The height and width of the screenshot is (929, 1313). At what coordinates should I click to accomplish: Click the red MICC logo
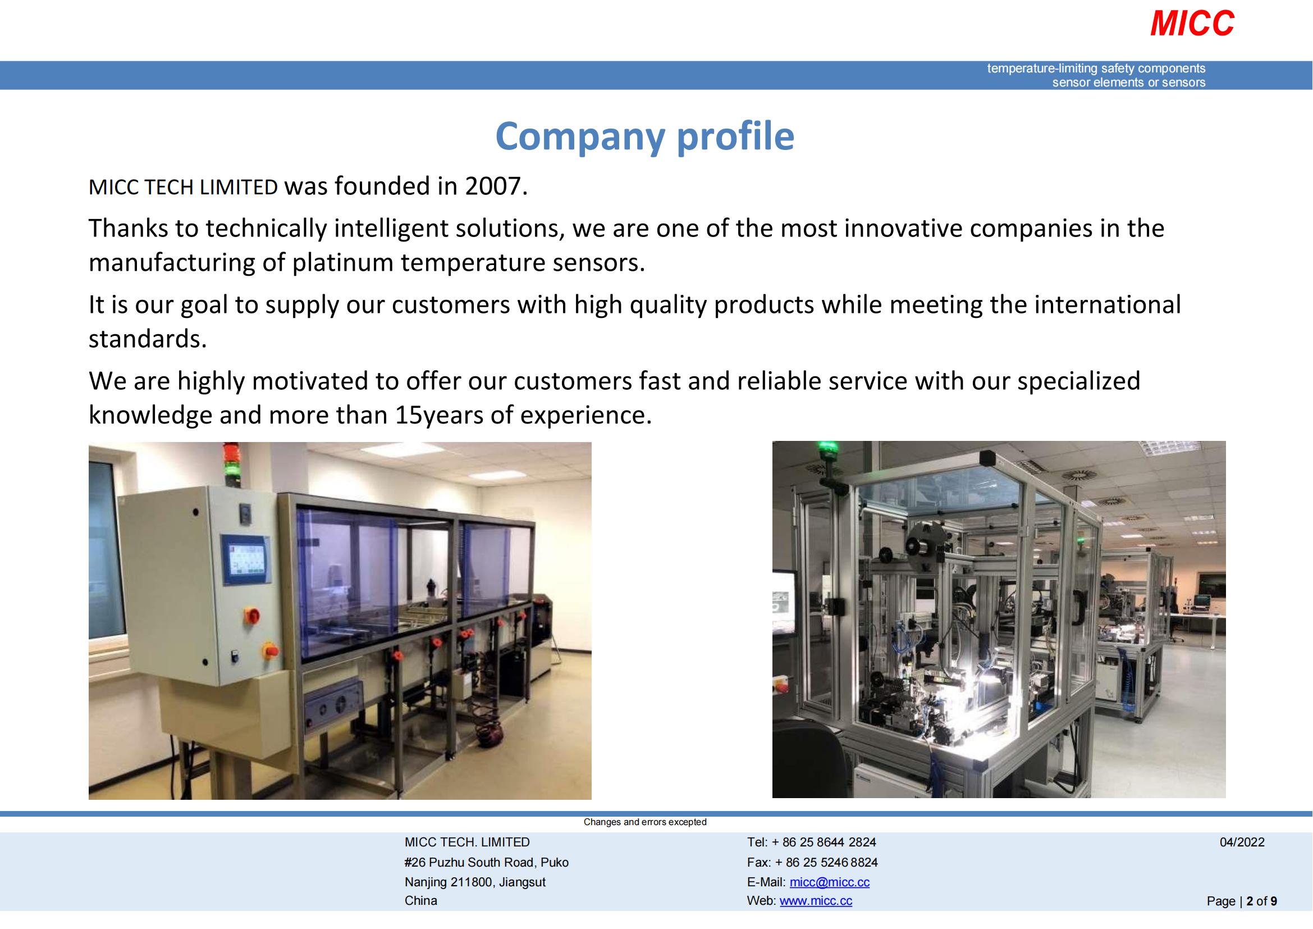1192,24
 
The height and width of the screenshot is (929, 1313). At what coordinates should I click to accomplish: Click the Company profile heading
644,136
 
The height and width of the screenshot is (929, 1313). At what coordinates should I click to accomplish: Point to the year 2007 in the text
492,186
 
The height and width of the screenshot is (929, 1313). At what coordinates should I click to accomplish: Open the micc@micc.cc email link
829,882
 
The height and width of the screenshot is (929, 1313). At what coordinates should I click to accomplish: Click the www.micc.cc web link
816,901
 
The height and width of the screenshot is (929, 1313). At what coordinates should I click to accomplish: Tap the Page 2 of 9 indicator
1242,901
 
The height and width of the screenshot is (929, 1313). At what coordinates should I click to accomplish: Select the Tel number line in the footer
811,842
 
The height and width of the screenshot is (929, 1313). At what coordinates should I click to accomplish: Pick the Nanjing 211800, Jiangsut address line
475,882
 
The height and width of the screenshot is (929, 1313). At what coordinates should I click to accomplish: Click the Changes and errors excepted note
644,822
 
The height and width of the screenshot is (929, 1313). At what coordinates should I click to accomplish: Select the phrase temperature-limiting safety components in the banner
1096,69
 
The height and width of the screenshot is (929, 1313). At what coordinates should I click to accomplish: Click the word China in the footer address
420,901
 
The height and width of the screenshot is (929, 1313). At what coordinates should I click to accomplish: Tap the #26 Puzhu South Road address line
486,862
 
